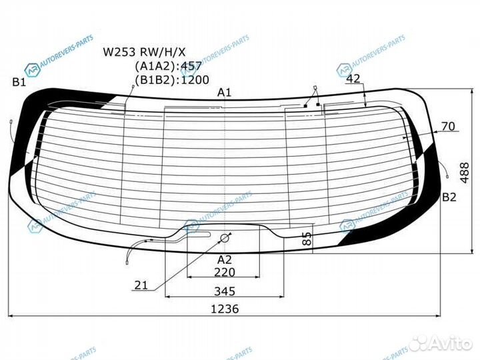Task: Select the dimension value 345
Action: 225,291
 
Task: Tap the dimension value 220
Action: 225,272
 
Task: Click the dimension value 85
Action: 306,239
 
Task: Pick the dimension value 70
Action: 447,125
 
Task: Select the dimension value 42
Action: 353,79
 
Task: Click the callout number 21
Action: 141,285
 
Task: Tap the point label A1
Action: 225,93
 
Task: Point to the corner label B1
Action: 19,82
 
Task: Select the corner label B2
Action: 449,197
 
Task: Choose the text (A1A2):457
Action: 167,66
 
